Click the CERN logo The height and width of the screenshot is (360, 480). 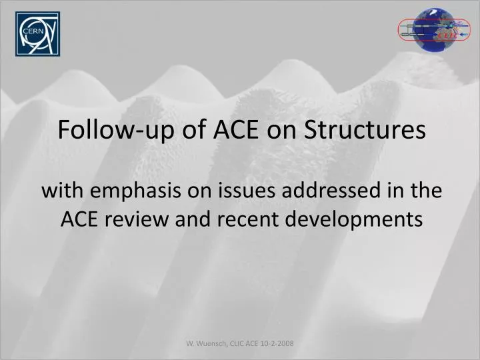point(37,33)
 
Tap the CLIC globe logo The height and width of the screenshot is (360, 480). point(432,30)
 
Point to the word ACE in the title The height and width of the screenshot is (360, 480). point(237,129)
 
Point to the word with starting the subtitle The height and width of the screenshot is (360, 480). point(61,191)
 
